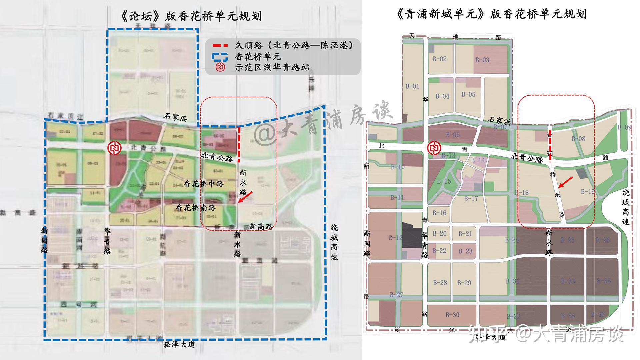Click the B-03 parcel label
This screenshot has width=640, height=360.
coord(482,60)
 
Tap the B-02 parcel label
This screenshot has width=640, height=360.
coord(440,59)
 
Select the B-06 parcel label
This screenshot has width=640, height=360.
coord(453,135)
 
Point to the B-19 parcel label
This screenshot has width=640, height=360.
coord(588,191)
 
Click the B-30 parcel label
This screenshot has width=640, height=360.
coord(452,315)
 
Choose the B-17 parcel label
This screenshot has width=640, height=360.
coord(471,199)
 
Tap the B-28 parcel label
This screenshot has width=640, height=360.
coord(440,283)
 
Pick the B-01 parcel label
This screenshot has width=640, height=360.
coord(412,86)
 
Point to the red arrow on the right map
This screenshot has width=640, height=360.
coord(566,182)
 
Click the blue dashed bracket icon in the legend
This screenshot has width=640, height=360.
coord(220,57)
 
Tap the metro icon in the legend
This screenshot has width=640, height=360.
coord(220,67)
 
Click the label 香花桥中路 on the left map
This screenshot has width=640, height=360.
coord(203,184)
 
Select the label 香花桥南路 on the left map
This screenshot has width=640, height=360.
coord(196,208)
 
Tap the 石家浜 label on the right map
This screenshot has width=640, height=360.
coord(499,119)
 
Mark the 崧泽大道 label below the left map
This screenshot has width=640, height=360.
coord(179,345)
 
